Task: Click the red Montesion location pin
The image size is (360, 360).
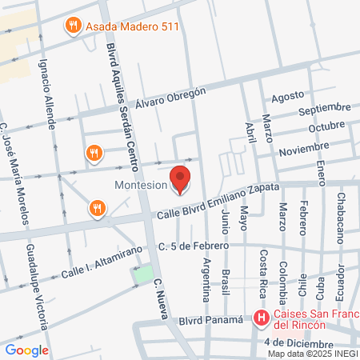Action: pyautogui.click(x=181, y=179)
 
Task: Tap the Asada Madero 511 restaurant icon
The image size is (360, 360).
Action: pyautogui.click(x=73, y=25)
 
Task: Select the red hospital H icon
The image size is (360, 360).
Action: pyautogui.click(x=261, y=318)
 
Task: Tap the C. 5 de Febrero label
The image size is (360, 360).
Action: pyautogui.click(x=194, y=245)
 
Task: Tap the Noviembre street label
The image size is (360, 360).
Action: pyautogui.click(x=304, y=150)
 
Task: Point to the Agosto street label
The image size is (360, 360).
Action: pyautogui.click(x=289, y=98)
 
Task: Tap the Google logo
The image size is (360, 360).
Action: pyautogui.click(x=26, y=350)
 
